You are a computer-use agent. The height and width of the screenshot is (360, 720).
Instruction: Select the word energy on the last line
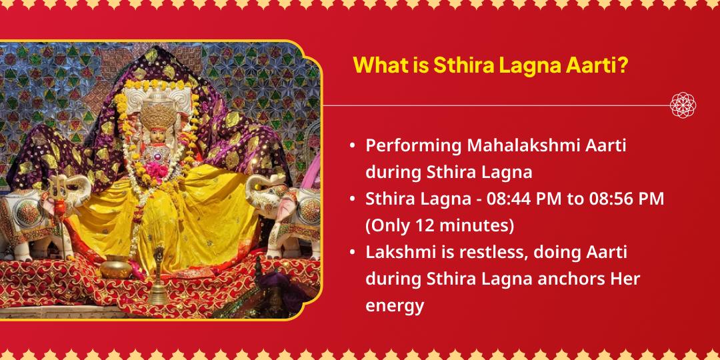pos(395,306)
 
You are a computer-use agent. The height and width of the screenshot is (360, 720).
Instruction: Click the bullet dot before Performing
pos(352,147)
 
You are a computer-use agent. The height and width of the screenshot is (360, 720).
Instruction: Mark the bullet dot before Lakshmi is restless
pos(352,253)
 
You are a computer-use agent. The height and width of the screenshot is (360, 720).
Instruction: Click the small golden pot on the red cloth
pos(115,267)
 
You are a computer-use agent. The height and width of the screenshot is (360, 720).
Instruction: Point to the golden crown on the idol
pos(159,103)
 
